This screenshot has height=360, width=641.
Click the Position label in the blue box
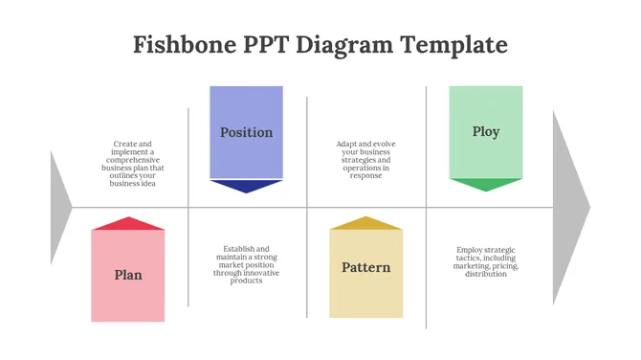[x=246, y=132]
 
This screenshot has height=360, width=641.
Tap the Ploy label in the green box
[x=486, y=131]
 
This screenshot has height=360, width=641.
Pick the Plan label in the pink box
[x=128, y=275]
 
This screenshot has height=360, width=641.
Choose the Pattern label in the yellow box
[x=366, y=267]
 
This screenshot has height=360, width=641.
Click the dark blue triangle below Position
[x=246, y=186]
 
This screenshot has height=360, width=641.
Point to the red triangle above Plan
[x=128, y=224]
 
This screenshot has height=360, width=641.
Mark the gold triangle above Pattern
[x=366, y=223]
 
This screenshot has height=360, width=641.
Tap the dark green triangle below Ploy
[x=486, y=184]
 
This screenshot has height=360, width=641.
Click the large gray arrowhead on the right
[x=570, y=207]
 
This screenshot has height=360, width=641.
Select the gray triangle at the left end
[x=59, y=207]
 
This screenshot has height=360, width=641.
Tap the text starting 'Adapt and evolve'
[x=366, y=160]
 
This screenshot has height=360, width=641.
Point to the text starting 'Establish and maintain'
[x=247, y=264]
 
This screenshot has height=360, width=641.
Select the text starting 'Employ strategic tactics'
[x=486, y=261]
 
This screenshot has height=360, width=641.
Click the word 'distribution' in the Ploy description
[x=486, y=274]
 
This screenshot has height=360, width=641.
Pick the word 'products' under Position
[x=247, y=281]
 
